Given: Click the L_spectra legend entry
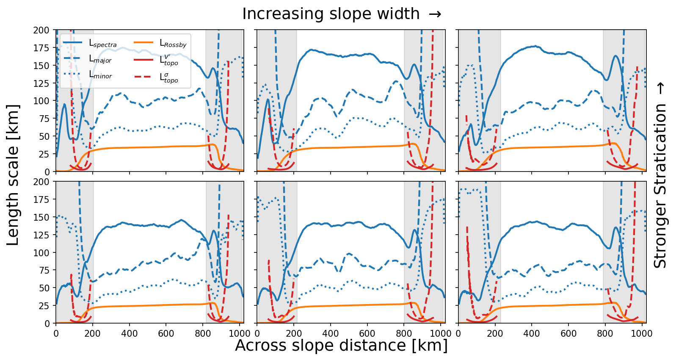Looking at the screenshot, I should [x=102, y=44].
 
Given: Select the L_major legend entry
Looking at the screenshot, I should [x=100, y=60].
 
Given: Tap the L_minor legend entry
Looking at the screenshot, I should [x=100, y=75].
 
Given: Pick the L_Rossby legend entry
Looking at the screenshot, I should [x=173, y=44].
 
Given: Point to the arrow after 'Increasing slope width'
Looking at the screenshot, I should [x=435, y=14].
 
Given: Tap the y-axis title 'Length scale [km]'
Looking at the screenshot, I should [x=13, y=175].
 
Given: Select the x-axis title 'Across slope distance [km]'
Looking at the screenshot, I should [x=341, y=346].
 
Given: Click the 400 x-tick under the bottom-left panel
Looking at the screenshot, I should [x=130, y=334].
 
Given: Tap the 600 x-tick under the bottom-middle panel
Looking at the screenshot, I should [x=367, y=334].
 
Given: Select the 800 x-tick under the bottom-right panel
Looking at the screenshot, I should [x=604, y=334].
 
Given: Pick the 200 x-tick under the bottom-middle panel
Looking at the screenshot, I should [x=294, y=334].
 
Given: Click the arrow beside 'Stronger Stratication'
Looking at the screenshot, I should [x=660, y=88].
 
